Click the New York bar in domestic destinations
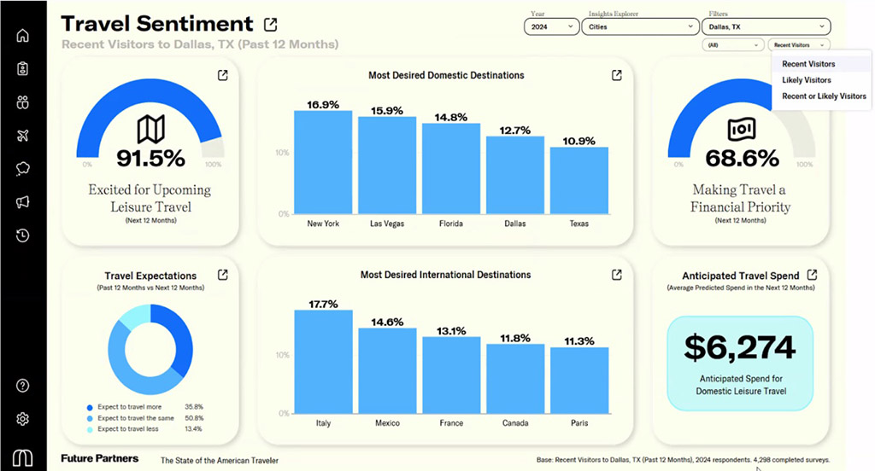click(323, 162)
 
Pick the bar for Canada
click(515, 379)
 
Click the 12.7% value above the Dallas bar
click(515, 131)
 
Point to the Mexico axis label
click(387, 423)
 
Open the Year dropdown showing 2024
click(551, 26)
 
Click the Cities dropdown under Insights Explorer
click(640, 26)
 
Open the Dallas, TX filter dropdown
click(767, 26)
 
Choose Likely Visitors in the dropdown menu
click(807, 80)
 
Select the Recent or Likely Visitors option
click(824, 96)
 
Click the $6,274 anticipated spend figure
click(740, 346)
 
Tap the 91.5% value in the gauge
click(150, 158)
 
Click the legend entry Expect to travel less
click(128, 428)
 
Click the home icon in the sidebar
click(23, 36)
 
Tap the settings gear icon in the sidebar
click(23, 419)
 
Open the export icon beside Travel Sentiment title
click(271, 24)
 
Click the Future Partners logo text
click(99, 459)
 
